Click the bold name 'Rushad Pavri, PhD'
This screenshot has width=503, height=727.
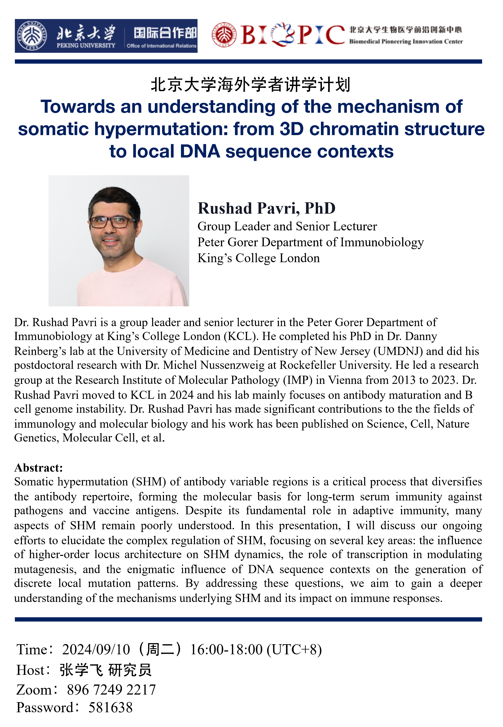tap(266, 208)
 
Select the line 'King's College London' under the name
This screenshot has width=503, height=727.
tap(258, 258)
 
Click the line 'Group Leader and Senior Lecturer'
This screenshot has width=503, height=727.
tap(287, 226)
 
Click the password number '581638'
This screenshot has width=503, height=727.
tap(110, 708)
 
